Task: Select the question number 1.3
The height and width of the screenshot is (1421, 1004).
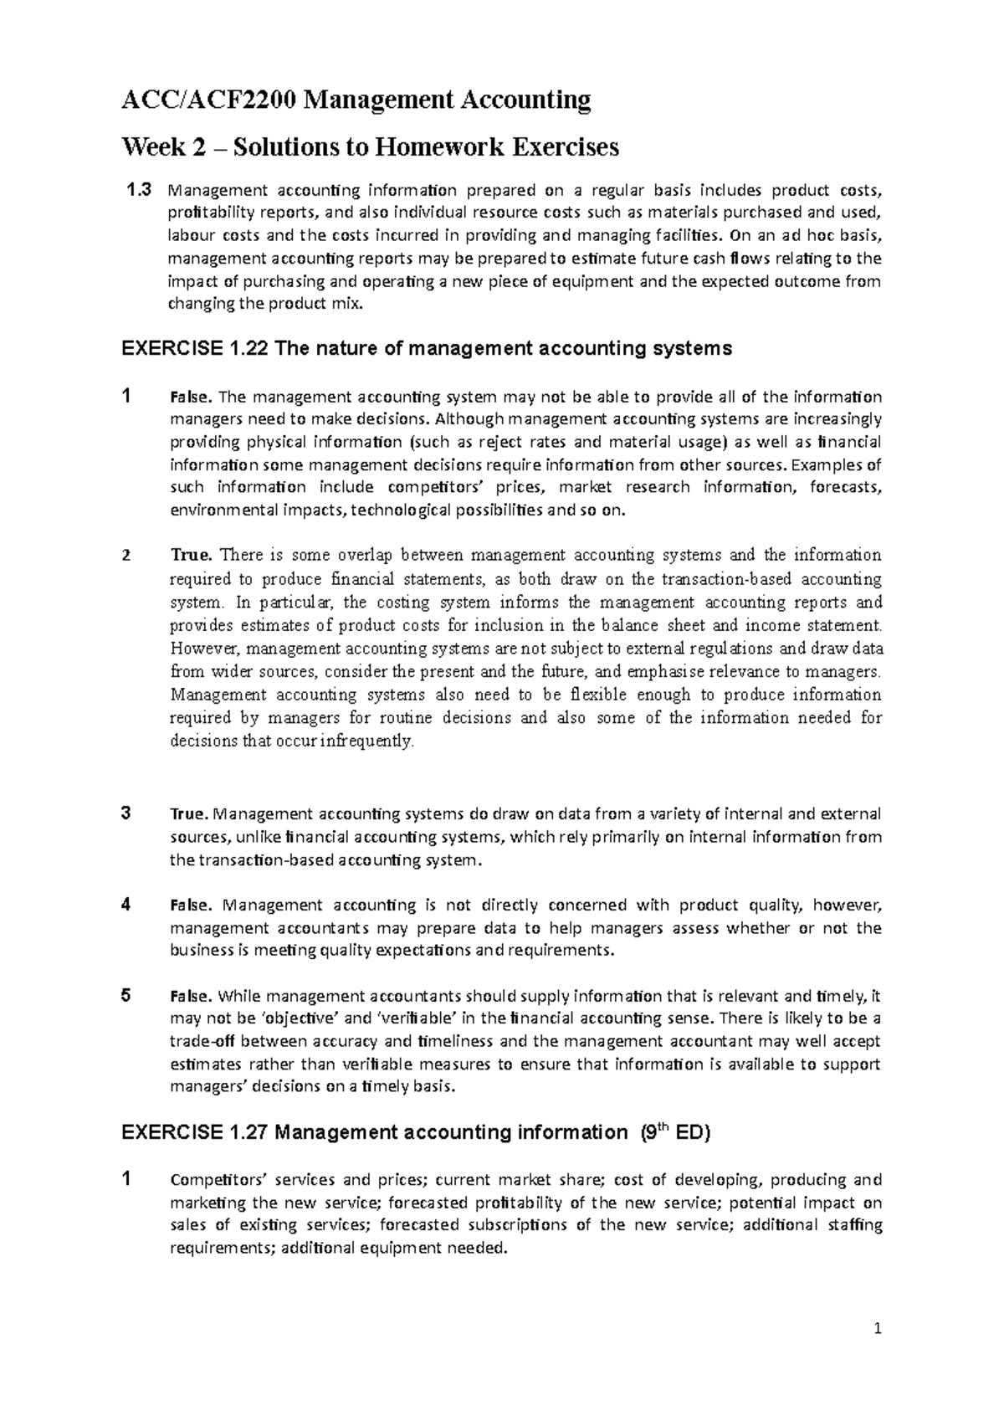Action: [139, 190]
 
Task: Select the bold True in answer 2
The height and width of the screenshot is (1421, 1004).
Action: [193, 555]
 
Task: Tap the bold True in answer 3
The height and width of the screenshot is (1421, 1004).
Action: [192, 813]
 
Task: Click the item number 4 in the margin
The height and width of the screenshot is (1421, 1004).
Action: [125, 905]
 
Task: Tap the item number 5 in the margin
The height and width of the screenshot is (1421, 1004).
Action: [125, 996]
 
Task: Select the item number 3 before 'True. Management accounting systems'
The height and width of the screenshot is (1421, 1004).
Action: [125, 813]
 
